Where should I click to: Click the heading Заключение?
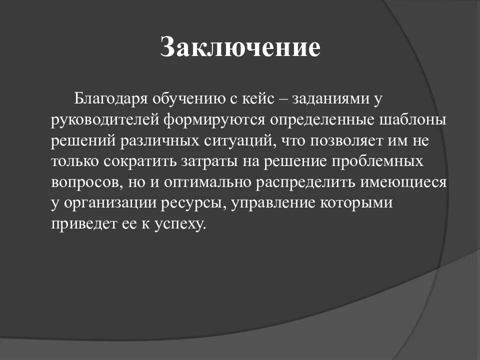(239, 48)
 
